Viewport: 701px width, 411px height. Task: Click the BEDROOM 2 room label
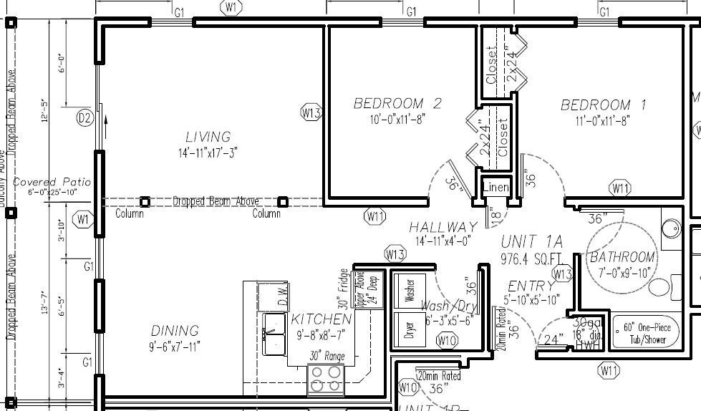click(x=397, y=104)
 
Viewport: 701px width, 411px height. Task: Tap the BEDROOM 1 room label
click(x=604, y=105)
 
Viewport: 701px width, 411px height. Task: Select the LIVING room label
click(x=208, y=137)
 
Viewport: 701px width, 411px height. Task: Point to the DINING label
click(x=175, y=331)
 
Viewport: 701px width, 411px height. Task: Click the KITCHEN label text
click(x=321, y=319)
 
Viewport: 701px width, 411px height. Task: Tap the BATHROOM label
click(x=622, y=257)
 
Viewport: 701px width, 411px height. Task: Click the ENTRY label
click(x=531, y=287)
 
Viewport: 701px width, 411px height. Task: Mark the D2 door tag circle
click(x=85, y=118)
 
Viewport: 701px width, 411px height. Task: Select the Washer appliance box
click(x=410, y=291)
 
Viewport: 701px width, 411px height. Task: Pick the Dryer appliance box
click(x=410, y=330)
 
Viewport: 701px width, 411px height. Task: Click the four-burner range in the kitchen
click(x=326, y=379)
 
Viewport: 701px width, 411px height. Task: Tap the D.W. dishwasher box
click(x=273, y=296)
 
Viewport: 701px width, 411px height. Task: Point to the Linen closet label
click(x=495, y=188)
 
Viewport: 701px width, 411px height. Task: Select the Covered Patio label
click(x=52, y=183)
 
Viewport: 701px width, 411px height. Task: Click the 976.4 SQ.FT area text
click(x=531, y=258)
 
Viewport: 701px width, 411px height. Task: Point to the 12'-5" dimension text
click(x=44, y=111)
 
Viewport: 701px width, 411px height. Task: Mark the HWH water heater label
click(x=587, y=345)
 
